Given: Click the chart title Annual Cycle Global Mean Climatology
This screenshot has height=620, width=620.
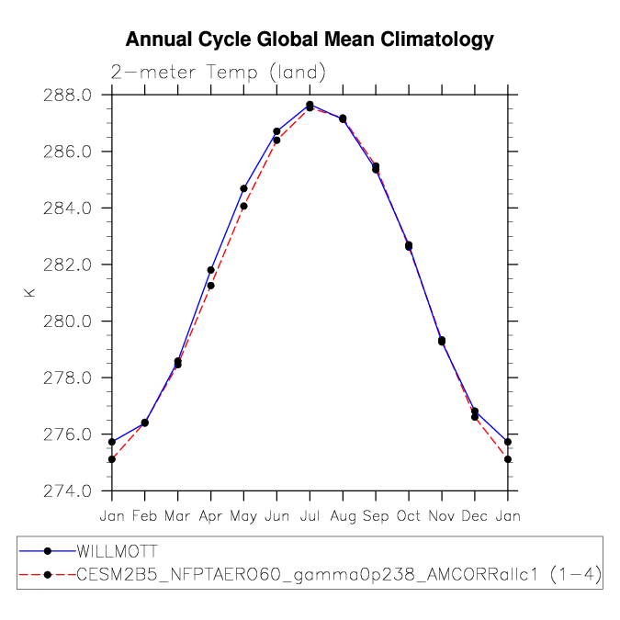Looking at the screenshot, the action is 310,39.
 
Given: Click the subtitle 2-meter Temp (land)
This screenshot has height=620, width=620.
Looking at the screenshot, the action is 218,73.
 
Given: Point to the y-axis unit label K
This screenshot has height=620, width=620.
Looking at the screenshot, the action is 29,293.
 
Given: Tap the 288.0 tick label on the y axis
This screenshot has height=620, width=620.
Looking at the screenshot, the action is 67,96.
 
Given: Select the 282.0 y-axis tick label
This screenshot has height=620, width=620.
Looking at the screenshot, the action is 67,265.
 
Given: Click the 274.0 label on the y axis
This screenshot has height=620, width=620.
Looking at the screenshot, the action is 67,490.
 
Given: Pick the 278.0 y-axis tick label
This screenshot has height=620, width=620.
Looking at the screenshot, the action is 67,378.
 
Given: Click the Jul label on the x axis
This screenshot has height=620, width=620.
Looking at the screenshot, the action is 310,515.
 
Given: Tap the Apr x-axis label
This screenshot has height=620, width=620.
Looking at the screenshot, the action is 210,516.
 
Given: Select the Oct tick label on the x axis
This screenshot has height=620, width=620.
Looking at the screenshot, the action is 409,515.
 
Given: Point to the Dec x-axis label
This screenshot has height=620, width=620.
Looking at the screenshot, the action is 475,515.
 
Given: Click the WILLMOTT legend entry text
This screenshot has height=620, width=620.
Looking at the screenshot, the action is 117,551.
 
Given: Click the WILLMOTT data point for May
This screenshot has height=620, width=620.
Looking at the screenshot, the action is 243,188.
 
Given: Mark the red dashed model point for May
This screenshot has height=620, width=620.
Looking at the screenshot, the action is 243,206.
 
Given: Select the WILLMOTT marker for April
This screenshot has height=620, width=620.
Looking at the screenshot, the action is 210,270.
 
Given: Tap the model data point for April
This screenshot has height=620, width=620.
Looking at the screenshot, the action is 210,286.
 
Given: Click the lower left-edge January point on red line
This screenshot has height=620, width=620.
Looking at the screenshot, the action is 112,459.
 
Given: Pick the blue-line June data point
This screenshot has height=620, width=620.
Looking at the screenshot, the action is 276,131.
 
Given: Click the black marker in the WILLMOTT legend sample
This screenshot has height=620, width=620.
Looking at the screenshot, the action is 48,551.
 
